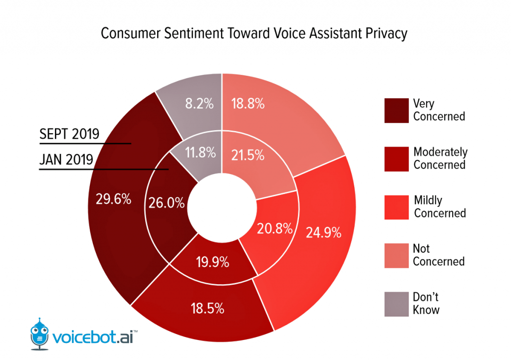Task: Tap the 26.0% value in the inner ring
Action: [x=166, y=203]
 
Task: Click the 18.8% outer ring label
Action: [x=248, y=104]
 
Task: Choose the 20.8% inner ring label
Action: [x=274, y=229]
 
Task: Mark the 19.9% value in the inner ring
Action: [x=212, y=261]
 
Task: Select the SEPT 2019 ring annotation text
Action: [x=69, y=134]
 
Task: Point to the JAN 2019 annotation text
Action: [x=66, y=160]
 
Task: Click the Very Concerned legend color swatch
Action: [x=396, y=111]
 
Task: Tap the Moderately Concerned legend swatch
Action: [x=396, y=159]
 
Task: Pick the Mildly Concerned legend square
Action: [x=396, y=206]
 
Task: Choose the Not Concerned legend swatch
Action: [x=396, y=255]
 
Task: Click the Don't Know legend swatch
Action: [x=396, y=303]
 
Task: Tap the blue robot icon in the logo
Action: [x=40, y=332]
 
